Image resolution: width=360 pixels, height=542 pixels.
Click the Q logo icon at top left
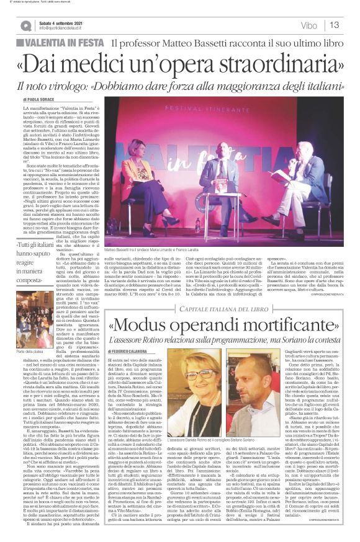tap(25, 25)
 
